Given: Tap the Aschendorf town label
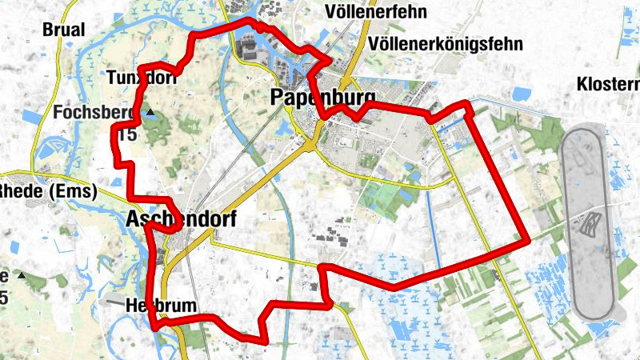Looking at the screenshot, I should tap(182, 218).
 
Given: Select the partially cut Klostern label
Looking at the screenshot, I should tap(608, 84).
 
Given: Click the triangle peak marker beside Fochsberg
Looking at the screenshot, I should tap(150, 114).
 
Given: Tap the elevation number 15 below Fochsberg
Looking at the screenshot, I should tap(127, 134).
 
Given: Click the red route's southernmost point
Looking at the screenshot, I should tap(264, 341).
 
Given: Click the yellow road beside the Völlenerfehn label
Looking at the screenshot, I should tap(366, 32).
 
